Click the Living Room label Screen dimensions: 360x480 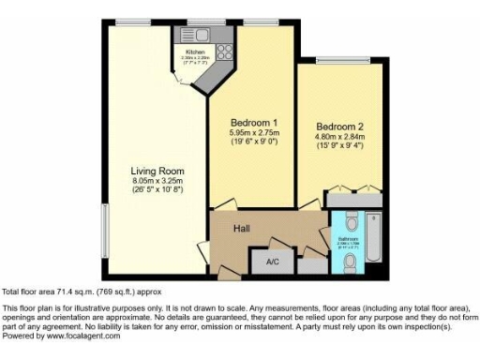click(157, 172)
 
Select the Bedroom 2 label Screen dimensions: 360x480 click(338, 127)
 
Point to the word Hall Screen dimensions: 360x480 click(243, 228)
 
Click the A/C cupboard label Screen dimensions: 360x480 click(273, 262)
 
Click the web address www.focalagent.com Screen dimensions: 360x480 click(82, 336)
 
